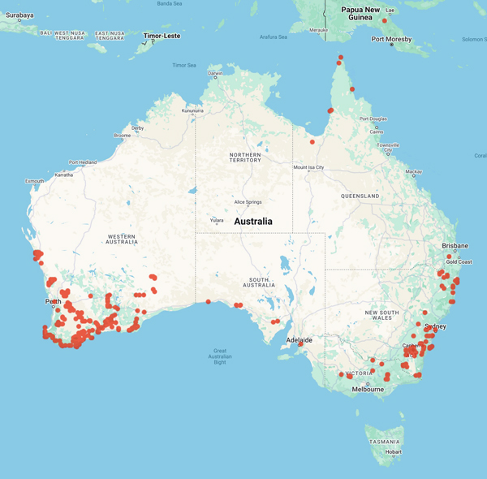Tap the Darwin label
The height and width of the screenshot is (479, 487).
(215, 73)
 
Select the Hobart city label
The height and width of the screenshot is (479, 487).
(394, 452)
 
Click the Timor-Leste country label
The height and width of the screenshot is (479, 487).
(162, 36)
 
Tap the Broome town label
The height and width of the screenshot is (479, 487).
(123, 136)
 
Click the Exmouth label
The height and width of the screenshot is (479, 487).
(36, 181)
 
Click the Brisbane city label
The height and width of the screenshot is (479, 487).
(455, 245)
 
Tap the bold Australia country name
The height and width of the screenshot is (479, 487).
(253, 221)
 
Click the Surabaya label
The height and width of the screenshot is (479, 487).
(17, 15)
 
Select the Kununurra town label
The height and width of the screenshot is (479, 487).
(193, 110)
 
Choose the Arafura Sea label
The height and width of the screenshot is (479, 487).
(273, 36)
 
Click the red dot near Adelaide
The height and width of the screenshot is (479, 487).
(300, 344)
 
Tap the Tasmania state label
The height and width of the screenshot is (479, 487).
(384, 442)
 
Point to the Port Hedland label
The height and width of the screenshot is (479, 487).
(83, 162)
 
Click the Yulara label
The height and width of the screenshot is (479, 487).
(217, 219)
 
